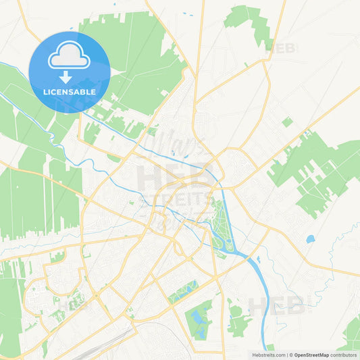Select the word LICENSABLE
coord(68,92)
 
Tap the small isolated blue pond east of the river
coord(310,239)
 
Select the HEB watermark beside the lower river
coord(277,305)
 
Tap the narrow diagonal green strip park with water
coord(182,291)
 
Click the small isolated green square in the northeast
coord(287,122)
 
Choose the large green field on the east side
coord(317,169)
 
